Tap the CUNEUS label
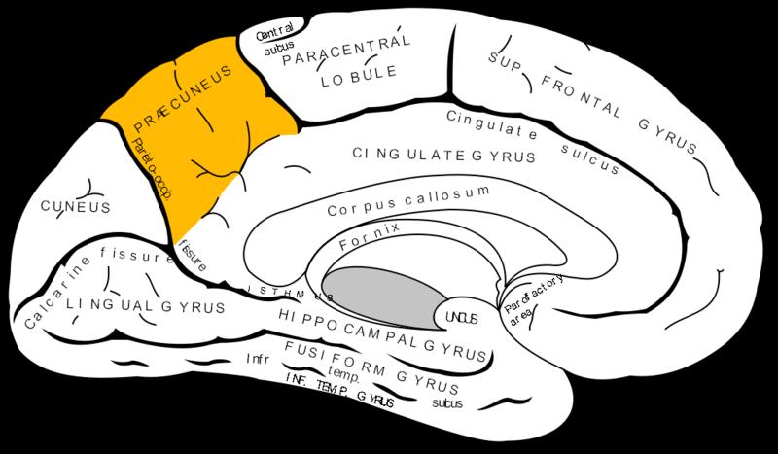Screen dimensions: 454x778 point(74,207)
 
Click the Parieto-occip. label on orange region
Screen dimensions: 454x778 point(151,168)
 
